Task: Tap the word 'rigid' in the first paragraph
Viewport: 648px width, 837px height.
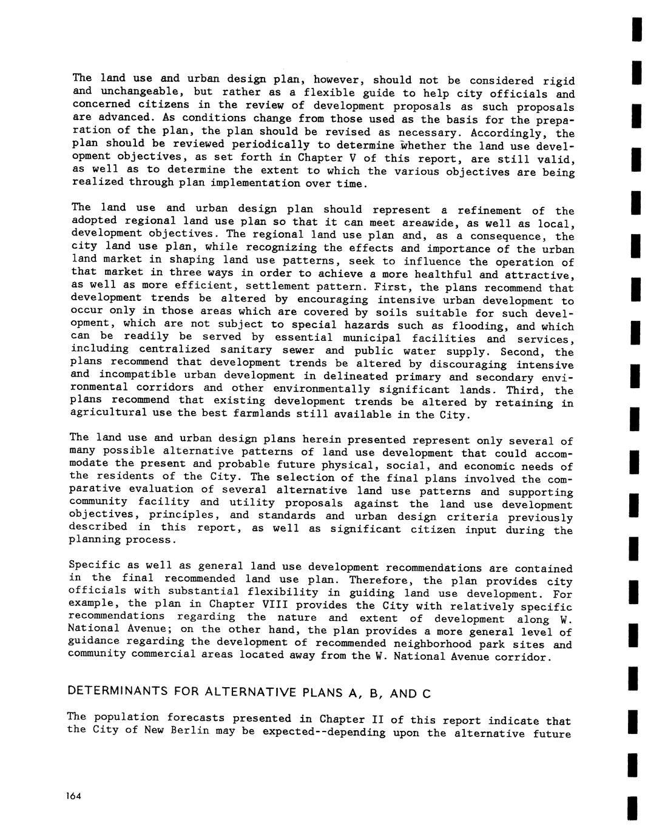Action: pyautogui.click(x=558, y=81)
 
